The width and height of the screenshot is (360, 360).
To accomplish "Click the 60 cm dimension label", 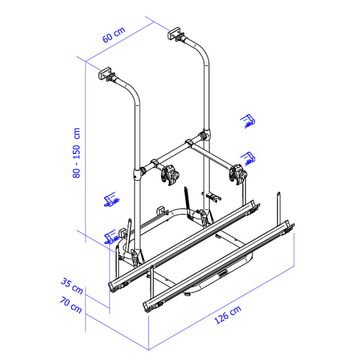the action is click(114, 34).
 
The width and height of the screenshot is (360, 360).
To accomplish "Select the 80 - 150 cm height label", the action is click(77, 153).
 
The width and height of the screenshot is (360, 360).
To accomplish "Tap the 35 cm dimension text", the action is click(72, 286).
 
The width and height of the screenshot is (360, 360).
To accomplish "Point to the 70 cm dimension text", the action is click(71, 305).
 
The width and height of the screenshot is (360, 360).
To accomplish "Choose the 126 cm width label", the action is click(228, 315).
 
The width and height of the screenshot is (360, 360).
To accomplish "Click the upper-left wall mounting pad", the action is click(105, 73).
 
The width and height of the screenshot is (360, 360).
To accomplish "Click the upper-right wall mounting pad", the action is click(174, 33).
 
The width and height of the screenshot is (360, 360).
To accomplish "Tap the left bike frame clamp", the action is click(170, 175).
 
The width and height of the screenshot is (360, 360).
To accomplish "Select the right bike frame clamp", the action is click(238, 174).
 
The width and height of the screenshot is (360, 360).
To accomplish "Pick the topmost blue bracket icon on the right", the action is click(248, 121).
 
